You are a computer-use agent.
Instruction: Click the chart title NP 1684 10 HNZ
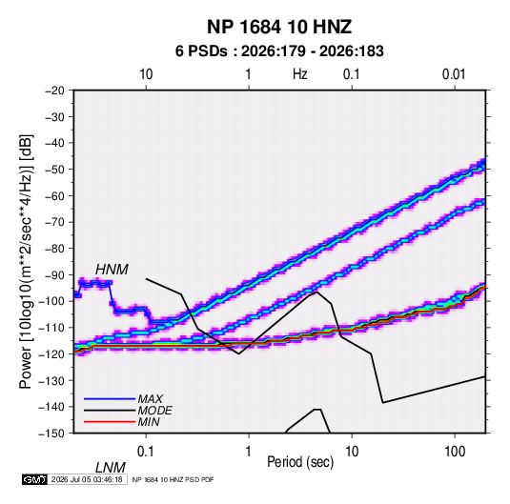[279, 27]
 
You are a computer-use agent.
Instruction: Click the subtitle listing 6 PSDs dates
[279, 51]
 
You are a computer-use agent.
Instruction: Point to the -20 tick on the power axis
[54, 91]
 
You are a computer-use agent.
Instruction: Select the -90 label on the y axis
[54, 274]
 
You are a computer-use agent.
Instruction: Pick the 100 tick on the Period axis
[454, 452]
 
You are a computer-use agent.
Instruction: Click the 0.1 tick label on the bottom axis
[145, 452]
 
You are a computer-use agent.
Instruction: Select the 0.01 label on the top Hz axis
[454, 74]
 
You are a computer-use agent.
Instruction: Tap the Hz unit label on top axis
[300, 74]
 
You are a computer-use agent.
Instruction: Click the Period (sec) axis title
[300, 462]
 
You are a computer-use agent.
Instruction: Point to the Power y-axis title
[26, 262]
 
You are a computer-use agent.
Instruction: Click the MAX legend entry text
[151, 398]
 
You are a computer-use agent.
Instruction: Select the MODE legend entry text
[154, 411]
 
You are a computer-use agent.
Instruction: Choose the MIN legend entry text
[149, 422]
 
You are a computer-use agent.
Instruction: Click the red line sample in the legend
[110, 422]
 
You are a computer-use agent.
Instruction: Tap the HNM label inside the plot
[112, 270]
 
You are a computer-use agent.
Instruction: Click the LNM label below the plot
[111, 468]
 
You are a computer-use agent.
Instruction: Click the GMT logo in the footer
[34, 479]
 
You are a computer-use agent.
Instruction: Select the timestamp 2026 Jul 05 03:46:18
[87, 479]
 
